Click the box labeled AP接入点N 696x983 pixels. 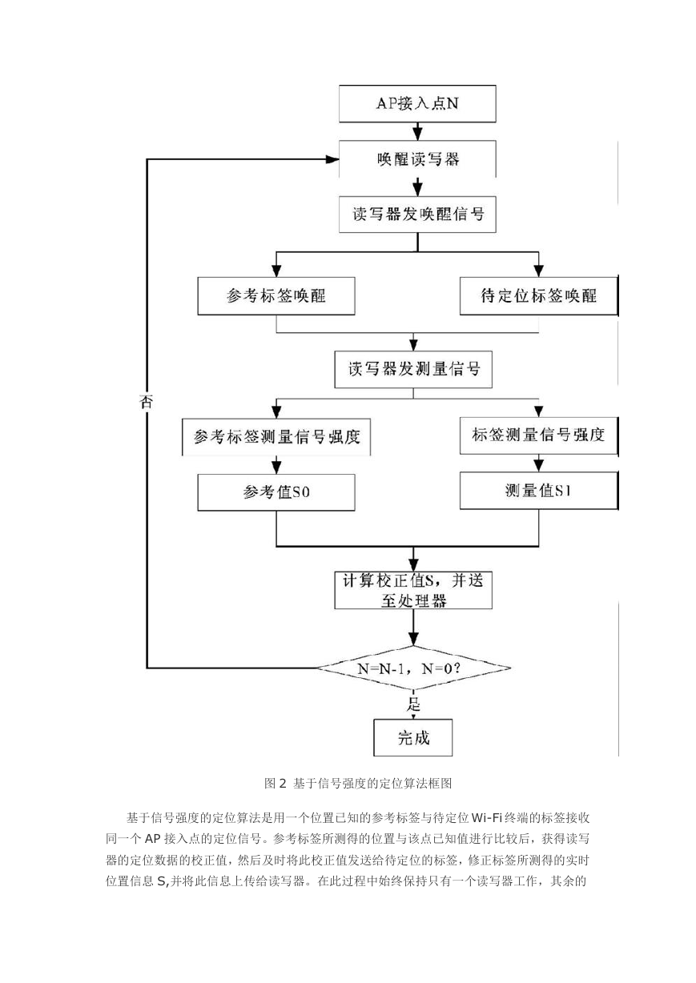(x=417, y=103)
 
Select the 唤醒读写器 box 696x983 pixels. (x=417, y=158)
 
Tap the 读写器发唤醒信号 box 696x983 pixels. (x=417, y=215)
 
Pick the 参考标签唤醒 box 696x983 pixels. (x=276, y=295)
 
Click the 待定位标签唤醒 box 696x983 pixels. (x=539, y=295)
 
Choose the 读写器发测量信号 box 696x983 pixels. (x=413, y=369)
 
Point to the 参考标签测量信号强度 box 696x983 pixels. (x=276, y=437)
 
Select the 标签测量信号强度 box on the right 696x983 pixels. (x=539, y=435)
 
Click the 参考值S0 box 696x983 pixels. (x=276, y=492)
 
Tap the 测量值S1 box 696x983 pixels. (x=539, y=491)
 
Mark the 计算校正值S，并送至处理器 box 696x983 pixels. (x=413, y=590)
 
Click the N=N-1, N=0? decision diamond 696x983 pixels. (x=413, y=668)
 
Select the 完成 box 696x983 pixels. (x=413, y=738)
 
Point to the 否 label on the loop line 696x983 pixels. (x=146, y=402)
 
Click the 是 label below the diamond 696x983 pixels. (x=413, y=704)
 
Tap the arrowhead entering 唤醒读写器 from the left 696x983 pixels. (x=332, y=159)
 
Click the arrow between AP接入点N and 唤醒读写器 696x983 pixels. (x=417, y=131)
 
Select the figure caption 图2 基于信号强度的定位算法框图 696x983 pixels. (x=358, y=784)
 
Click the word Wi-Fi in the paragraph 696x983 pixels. (x=486, y=817)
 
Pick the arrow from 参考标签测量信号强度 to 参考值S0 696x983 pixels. (x=276, y=465)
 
